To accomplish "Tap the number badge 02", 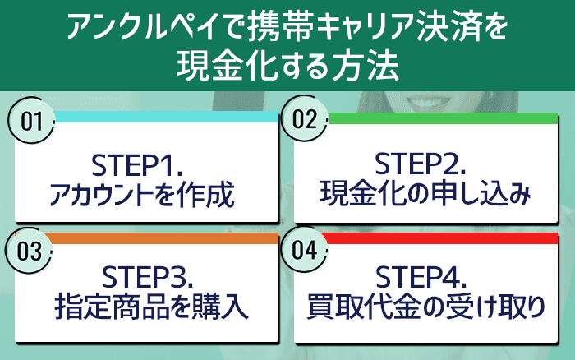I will coord(305,119).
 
